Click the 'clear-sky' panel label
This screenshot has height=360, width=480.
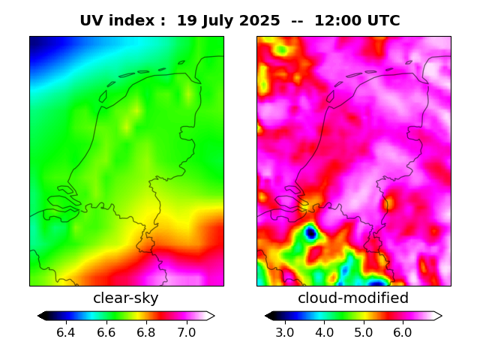[x=126, y=298]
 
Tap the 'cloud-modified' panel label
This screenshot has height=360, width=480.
[x=353, y=298]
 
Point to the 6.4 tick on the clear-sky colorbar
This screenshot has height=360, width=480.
[x=66, y=332]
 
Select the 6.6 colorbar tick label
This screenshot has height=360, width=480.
[x=106, y=332]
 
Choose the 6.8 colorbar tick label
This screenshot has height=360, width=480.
[x=146, y=332]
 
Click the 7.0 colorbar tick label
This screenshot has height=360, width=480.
[x=187, y=332]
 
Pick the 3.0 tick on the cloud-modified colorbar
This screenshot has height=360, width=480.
[x=285, y=332]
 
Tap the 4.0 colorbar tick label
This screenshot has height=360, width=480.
[x=324, y=332]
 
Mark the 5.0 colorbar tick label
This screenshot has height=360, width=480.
[x=364, y=332]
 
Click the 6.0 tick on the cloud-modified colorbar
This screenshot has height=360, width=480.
[x=403, y=332]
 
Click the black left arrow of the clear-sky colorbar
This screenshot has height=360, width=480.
[x=42, y=316]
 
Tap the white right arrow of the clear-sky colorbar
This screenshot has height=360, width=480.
[x=211, y=316]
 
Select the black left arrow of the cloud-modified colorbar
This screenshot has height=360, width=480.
[x=269, y=316]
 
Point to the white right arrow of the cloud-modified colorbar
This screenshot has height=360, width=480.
[x=437, y=316]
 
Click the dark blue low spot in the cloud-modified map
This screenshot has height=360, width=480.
[x=310, y=233]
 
